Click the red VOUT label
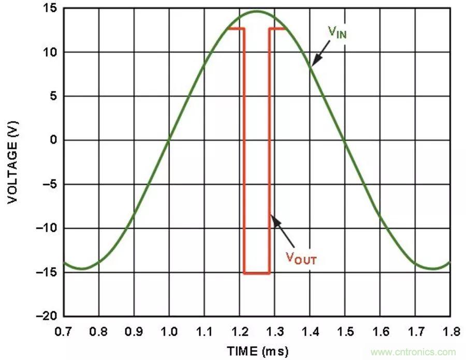point(301,258)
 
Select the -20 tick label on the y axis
point(47,317)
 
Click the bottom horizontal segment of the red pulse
point(257,273)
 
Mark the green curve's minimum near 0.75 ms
point(82,268)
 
